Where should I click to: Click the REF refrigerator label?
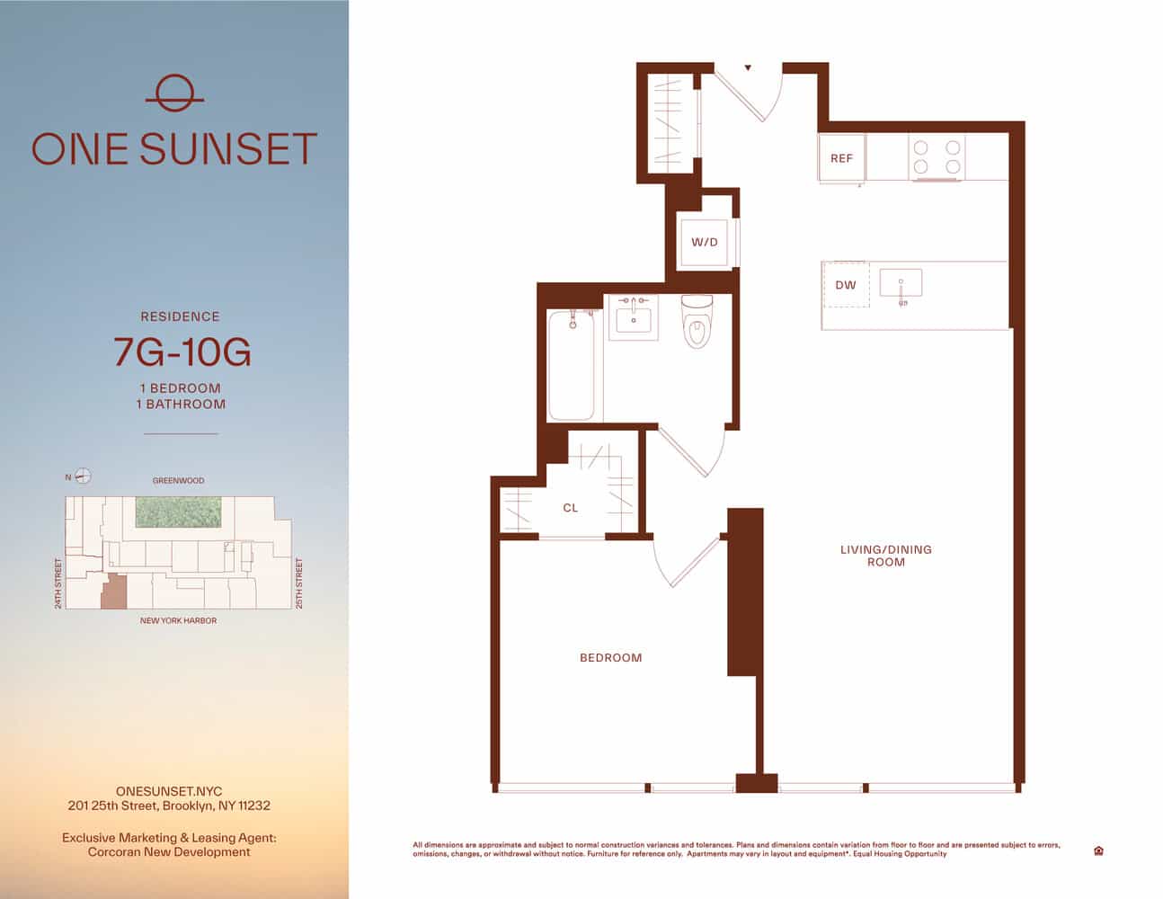point(841,158)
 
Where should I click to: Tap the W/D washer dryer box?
point(705,243)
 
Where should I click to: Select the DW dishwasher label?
point(846,285)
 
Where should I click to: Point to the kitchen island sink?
point(901,284)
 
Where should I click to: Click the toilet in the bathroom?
point(697,322)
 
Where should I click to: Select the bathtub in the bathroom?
point(572,365)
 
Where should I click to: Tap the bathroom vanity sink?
point(634,317)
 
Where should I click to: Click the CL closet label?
point(571,508)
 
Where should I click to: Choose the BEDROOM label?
point(611,658)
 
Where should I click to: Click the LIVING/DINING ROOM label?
point(885,556)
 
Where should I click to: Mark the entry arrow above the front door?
point(748,67)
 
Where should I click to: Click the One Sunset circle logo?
point(174,93)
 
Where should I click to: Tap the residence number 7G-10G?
point(182,352)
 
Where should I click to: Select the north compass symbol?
point(83,476)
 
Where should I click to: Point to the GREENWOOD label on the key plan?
point(178,481)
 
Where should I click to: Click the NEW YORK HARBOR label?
point(178,620)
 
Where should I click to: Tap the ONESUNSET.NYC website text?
point(169,792)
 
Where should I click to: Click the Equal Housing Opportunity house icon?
point(1098,850)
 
